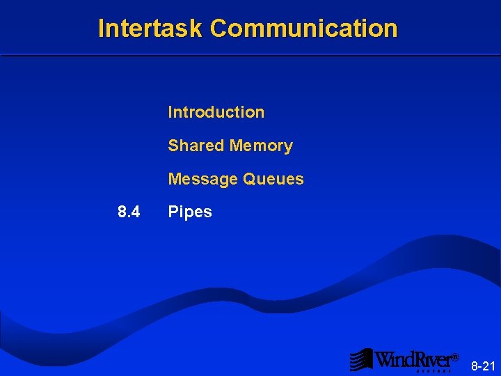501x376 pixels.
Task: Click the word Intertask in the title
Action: (150, 29)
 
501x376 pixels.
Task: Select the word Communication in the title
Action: (303, 29)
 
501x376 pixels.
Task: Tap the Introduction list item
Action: (216, 112)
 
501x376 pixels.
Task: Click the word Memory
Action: (261, 146)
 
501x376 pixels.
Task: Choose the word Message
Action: (202, 179)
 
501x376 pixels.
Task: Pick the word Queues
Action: (273, 179)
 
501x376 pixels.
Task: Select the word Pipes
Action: (190, 212)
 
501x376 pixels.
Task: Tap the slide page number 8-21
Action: (483, 366)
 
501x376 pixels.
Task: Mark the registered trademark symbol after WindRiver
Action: (455, 357)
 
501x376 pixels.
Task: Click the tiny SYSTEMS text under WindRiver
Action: (436, 371)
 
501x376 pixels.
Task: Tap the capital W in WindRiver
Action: (385, 359)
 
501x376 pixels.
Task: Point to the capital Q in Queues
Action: (249, 179)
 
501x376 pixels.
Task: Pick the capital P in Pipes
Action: (173, 212)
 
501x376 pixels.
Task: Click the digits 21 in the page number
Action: (488, 366)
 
